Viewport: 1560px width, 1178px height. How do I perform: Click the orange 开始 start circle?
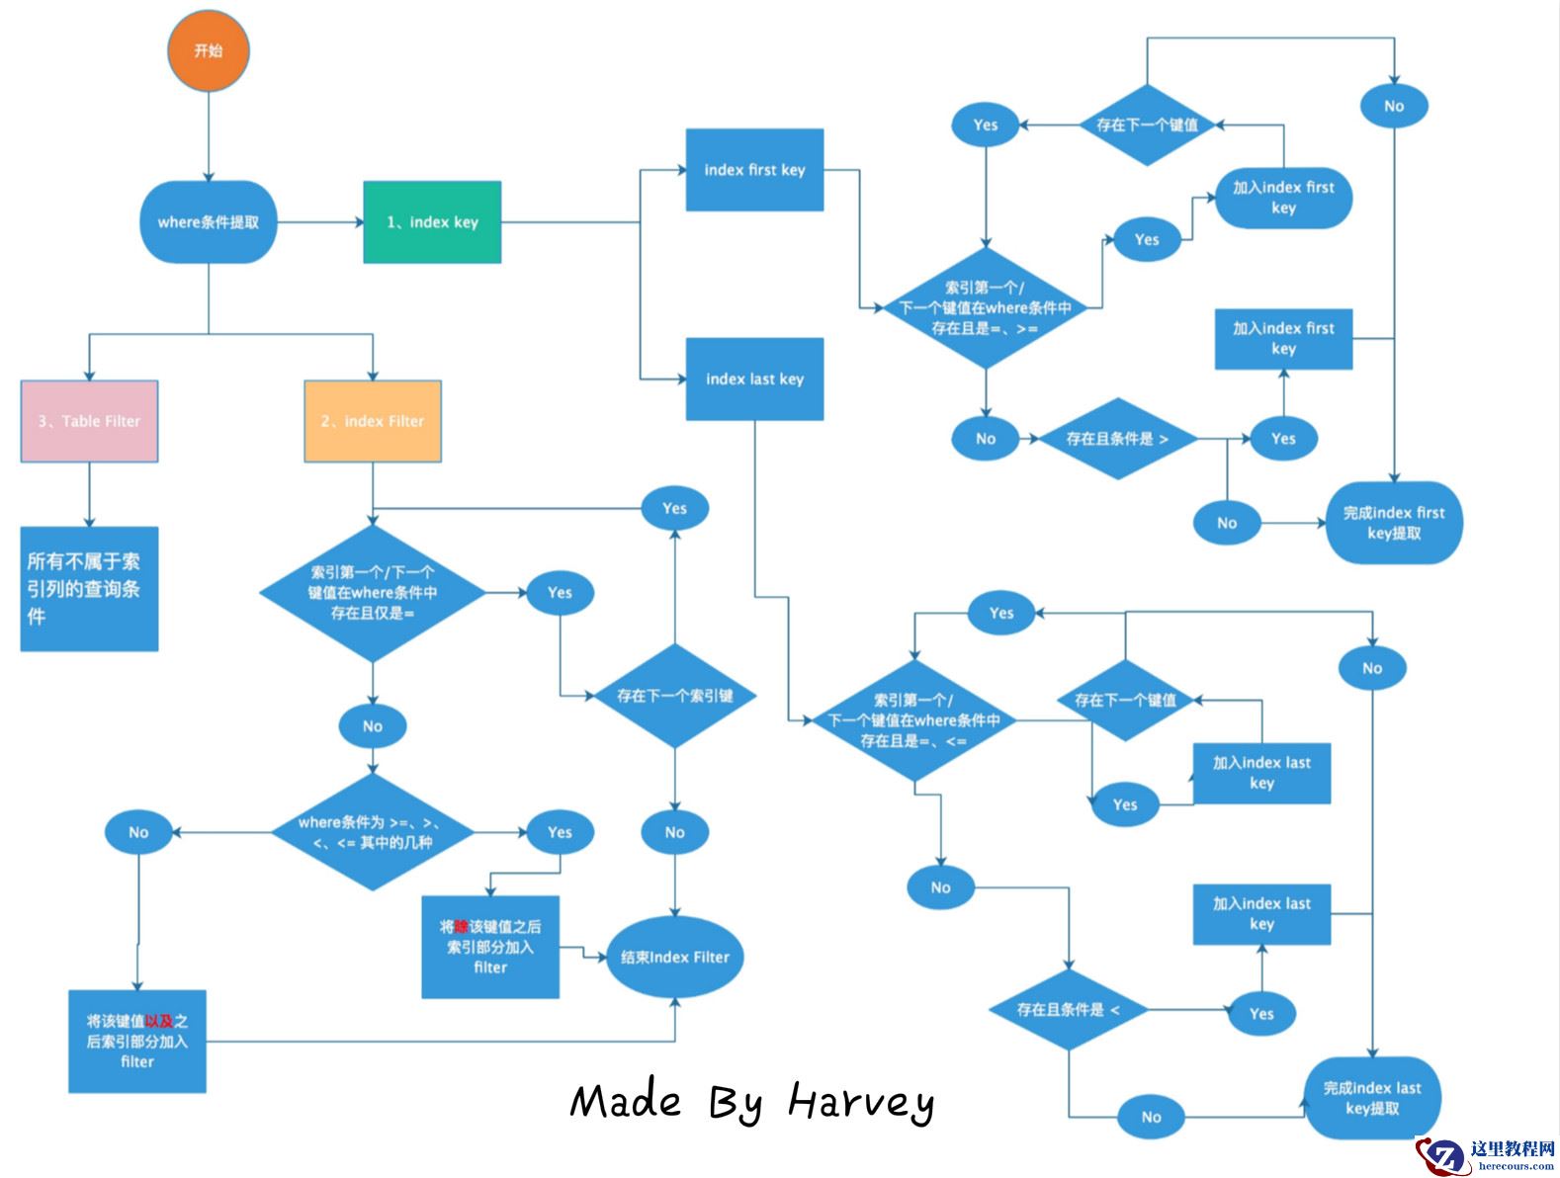[209, 51]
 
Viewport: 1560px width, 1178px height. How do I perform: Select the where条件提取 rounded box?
[209, 222]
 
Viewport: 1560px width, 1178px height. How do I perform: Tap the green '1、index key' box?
[432, 222]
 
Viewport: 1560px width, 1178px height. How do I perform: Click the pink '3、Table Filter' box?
[89, 421]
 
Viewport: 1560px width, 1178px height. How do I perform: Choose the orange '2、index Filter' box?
[373, 421]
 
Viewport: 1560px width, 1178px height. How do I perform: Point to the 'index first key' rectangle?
[754, 170]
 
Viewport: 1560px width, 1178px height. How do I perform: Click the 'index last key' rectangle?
[754, 379]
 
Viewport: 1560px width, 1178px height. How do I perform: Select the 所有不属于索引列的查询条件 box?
[89, 589]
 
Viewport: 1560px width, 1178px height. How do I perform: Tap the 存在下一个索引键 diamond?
[675, 696]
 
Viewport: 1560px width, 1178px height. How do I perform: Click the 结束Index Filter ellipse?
[675, 957]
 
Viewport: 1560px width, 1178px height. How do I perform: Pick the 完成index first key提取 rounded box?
[1394, 523]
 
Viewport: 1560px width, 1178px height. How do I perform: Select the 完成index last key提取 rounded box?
[1372, 1098]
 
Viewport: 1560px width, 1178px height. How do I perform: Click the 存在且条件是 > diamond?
[1117, 439]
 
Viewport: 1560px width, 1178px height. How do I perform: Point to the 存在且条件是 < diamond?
[1069, 1010]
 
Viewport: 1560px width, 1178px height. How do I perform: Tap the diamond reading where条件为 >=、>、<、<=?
[373, 832]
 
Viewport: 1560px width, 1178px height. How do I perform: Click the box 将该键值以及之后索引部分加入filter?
[137, 1042]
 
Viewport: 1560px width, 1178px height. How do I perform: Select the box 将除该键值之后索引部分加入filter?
[490, 947]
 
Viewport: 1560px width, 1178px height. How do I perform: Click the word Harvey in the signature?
[861, 1102]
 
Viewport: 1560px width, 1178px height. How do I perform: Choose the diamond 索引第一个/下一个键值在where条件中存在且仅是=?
[373, 593]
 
